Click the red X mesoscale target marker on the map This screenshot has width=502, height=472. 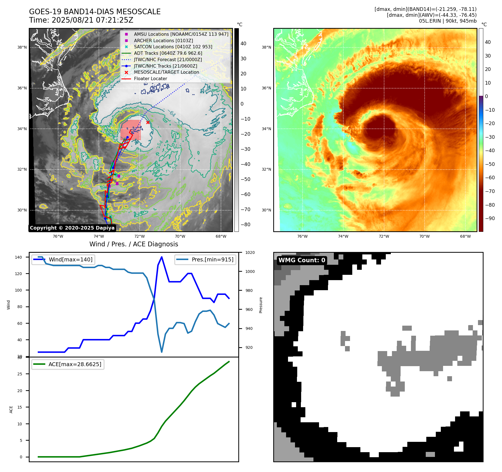tap(148, 122)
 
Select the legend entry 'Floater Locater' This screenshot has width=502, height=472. tap(150, 79)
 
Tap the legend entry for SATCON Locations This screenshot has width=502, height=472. tap(173, 47)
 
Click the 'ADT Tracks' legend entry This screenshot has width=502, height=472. tap(168, 53)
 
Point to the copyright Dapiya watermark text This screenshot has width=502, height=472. tap(72, 228)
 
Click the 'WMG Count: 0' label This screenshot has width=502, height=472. tap(302, 260)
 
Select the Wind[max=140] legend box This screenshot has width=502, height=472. tap(63, 259)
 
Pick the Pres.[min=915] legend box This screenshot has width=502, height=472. tap(205, 259)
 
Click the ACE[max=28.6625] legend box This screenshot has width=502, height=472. tap(68, 364)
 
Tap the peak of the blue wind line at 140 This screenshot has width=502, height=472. tap(162, 257)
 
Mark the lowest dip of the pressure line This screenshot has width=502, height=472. tap(162, 352)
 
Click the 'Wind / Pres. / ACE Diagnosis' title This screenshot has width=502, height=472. tap(134, 244)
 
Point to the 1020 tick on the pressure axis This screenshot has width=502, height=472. tap(250, 252)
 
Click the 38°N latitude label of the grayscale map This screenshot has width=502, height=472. tap(22, 47)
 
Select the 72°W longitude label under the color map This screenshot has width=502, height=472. tap(384, 236)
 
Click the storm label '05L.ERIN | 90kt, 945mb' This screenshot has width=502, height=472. tap(448, 21)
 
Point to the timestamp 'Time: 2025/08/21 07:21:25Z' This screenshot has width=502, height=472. tap(81, 20)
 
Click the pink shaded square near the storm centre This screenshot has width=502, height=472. tap(130, 130)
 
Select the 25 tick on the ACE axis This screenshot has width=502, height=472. tap(20, 374)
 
